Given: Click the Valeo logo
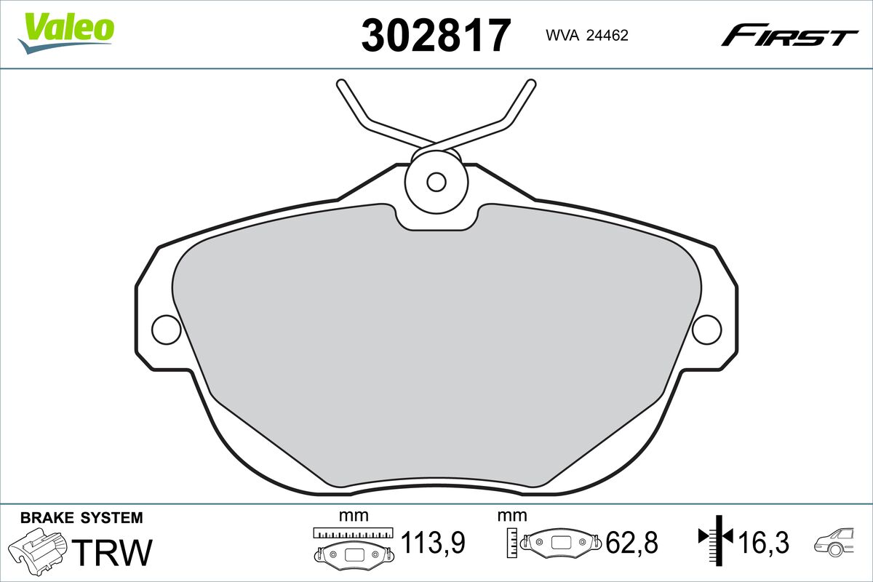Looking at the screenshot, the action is [65, 33].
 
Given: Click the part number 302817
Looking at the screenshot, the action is [436, 35].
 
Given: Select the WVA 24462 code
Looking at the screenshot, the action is [587, 36].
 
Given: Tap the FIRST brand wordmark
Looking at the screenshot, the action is [789, 41].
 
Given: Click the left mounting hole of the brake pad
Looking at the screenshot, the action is [167, 330].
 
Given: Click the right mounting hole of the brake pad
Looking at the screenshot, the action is [707, 330].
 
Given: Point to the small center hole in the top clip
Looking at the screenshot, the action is [436, 182].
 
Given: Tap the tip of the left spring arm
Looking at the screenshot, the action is [341, 84].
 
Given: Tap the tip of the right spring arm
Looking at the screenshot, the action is [531, 84].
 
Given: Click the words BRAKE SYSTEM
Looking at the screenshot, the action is [81, 518].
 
